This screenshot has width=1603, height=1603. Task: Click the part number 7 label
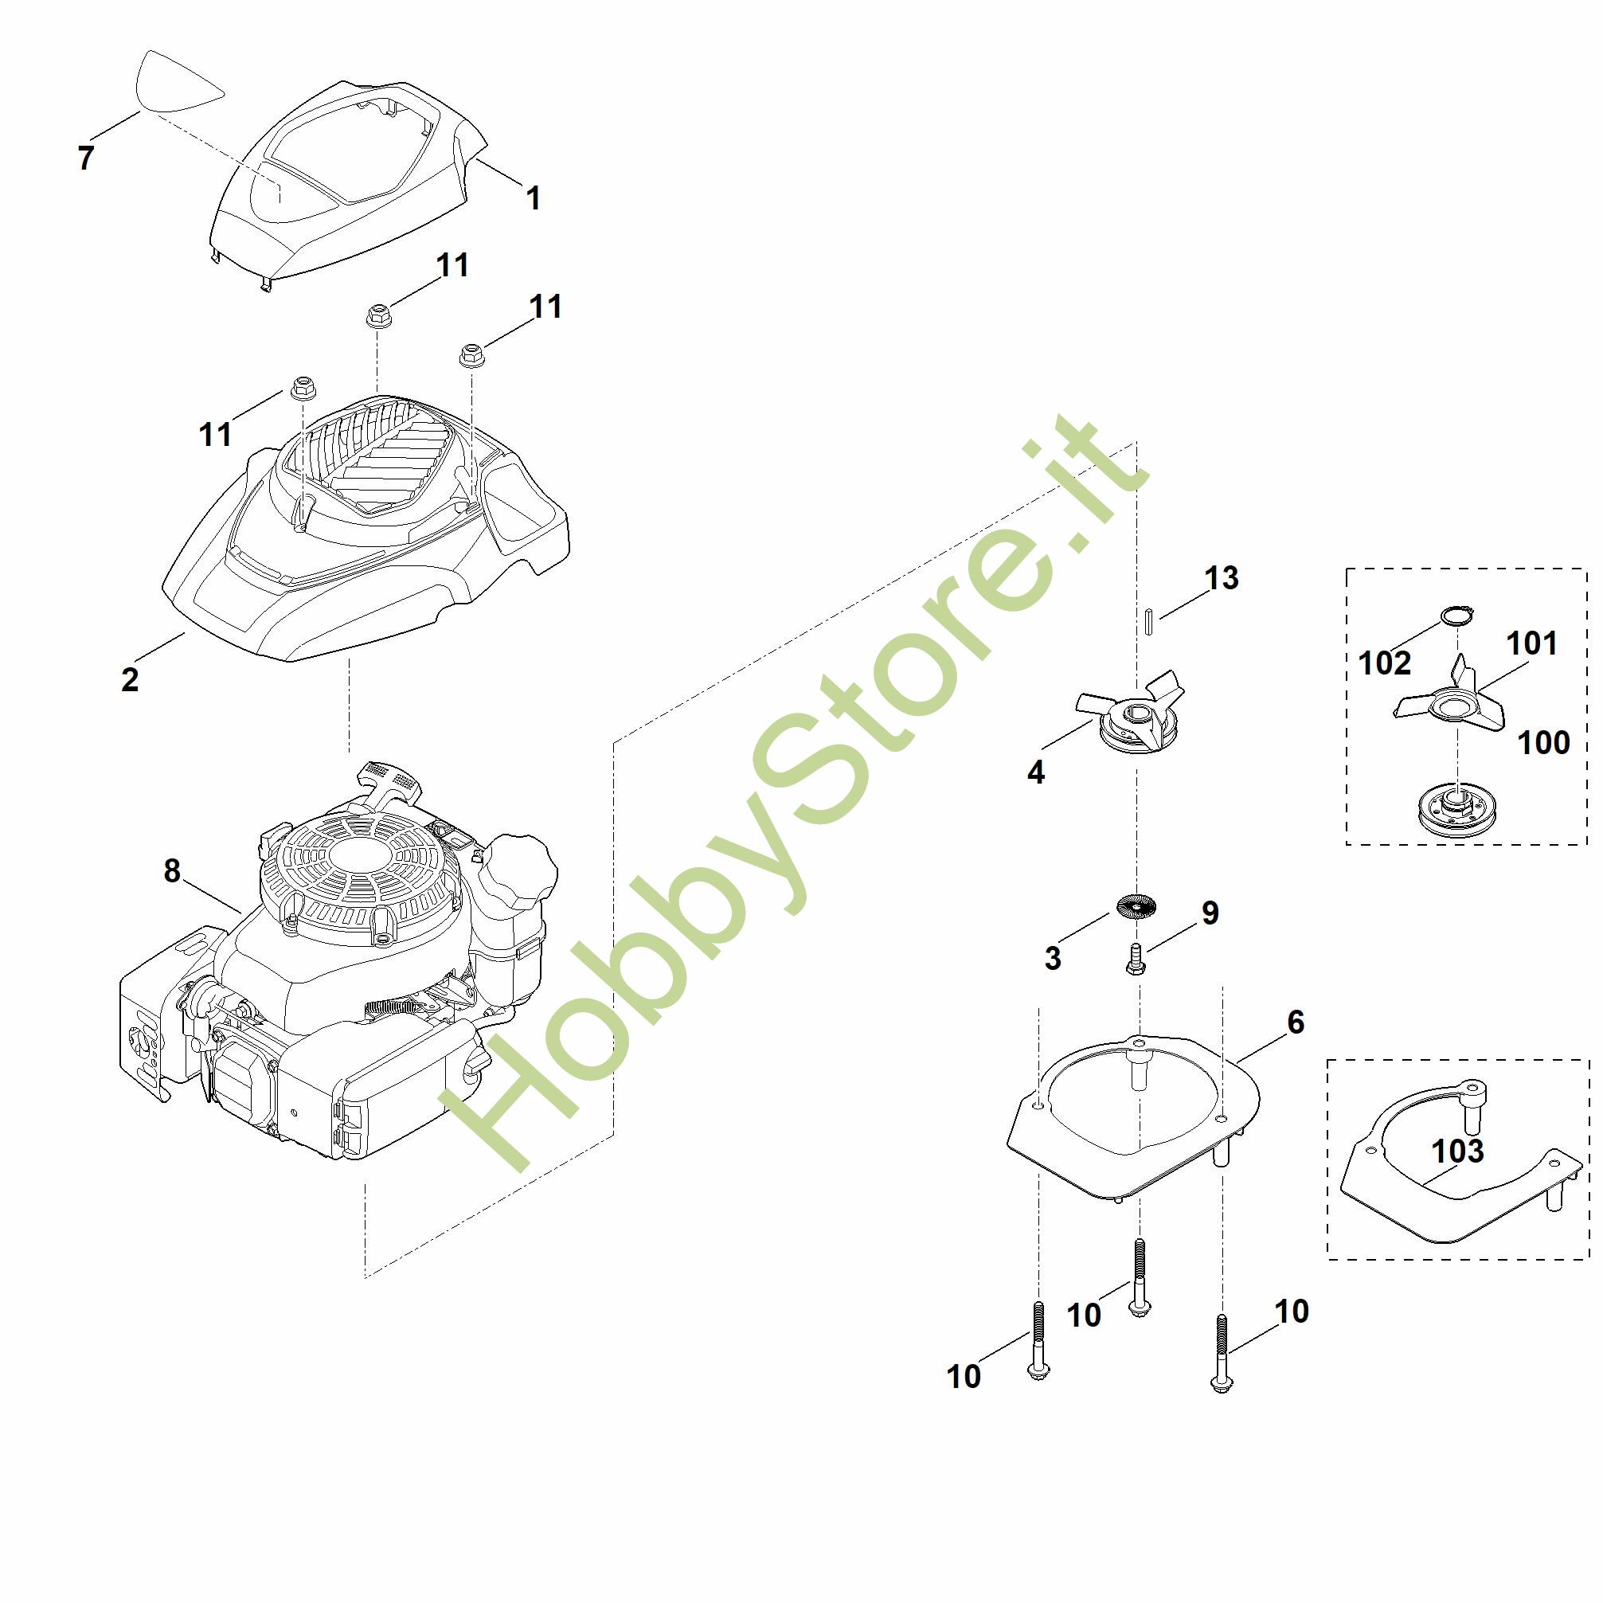pos(85,158)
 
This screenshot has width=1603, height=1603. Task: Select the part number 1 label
pos(534,198)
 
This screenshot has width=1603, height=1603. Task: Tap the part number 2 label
pos(131,679)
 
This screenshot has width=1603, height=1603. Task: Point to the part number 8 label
pos(172,870)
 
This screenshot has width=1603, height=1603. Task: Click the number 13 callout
pos(1222,578)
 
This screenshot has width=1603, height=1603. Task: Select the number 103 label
pos(1458,1151)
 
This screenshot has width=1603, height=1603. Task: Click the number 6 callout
pos(1296,1022)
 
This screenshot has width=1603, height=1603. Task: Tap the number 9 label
pos(1210,913)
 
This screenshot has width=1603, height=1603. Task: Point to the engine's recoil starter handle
pos(390,780)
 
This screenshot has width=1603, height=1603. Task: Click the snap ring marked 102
pos(1456,616)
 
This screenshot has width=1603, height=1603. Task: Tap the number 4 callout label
pos(1035,772)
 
